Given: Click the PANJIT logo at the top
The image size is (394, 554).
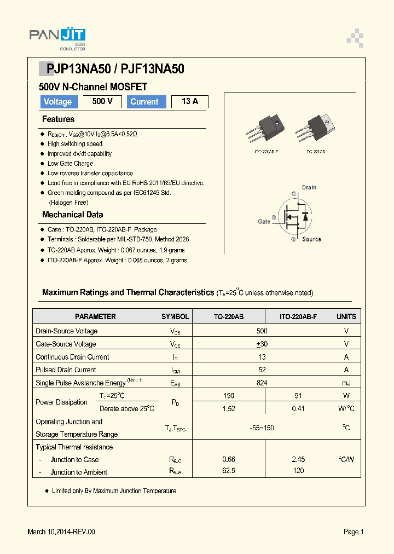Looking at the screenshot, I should (57, 37).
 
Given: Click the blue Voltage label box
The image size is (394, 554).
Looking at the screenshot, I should (57, 102).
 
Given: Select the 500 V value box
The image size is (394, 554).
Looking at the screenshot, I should (102, 101).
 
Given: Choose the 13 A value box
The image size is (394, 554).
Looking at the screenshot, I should (189, 101).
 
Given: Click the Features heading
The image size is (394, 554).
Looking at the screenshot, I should (58, 119).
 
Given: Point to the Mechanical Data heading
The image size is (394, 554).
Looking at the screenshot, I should (72, 215).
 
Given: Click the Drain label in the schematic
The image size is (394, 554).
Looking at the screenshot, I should (309, 187).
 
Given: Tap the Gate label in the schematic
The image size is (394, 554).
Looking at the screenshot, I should (264, 222).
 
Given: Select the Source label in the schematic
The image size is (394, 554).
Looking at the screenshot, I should (311, 239).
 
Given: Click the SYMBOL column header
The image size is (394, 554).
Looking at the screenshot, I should (175, 316).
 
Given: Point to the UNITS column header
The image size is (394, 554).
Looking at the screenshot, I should (346, 316).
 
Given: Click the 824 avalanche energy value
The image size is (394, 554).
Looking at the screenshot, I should (262, 383).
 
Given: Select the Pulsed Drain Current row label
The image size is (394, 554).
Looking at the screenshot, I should (66, 370).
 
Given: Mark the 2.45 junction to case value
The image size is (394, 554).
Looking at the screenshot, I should (298, 459).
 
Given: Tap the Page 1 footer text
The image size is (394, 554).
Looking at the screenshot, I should (354, 532).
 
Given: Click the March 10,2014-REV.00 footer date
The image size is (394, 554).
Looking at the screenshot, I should (61, 532).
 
